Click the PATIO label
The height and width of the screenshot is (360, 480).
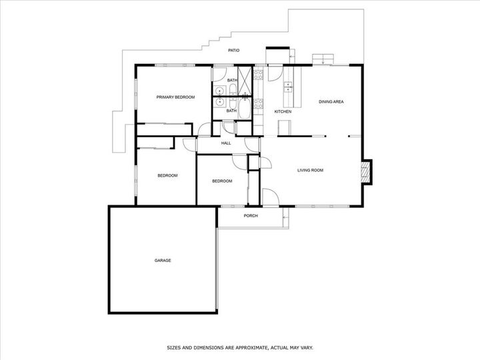click(233, 50)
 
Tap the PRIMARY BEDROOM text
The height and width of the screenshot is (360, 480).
click(175, 97)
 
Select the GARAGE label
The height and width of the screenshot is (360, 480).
click(163, 261)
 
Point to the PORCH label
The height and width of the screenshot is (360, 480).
click(251, 216)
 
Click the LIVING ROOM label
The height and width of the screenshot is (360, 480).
click(310, 170)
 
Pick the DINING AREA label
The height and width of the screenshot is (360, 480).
click(331, 101)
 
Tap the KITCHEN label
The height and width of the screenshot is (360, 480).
click(283, 112)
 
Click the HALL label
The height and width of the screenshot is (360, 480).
click(226, 143)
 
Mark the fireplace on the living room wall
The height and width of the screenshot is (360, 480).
click(367, 172)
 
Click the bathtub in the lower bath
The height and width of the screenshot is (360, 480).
click(244, 108)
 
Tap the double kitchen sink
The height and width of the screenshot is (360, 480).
click(288, 87)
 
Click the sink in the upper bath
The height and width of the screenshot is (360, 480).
click(219, 91)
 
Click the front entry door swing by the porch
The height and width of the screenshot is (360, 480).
click(271, 197)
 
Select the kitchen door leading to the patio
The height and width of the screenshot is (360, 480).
click(275, 73)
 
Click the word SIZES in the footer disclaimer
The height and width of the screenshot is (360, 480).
click(173, 348)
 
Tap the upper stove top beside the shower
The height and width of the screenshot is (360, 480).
click(259, 75)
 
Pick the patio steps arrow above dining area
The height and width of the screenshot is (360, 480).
click(323, 60)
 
